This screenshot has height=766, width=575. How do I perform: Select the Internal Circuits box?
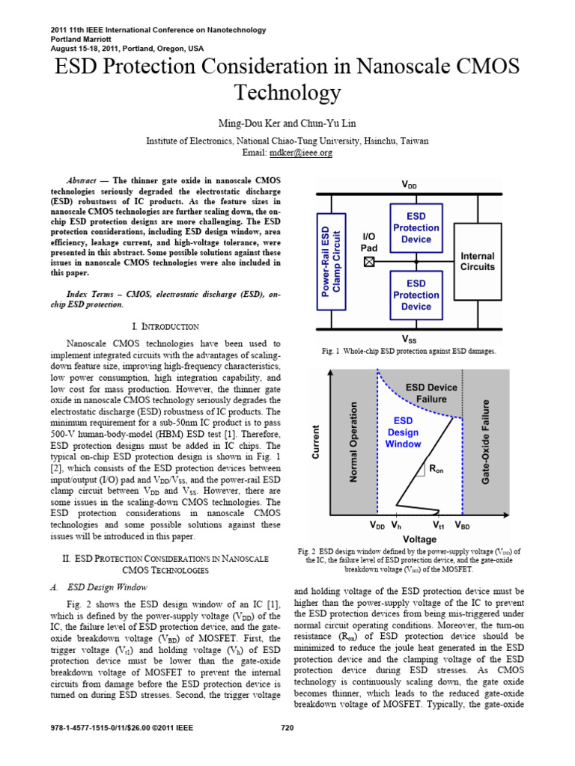coord(477,261)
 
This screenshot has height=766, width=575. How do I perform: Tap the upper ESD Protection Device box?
coord(416,227)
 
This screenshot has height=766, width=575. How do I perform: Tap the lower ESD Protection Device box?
coord(416,295)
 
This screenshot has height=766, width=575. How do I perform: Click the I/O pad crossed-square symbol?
coord(368,262)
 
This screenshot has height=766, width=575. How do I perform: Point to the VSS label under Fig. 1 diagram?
coord(410,338)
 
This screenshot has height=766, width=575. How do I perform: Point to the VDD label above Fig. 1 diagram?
coord(410,184)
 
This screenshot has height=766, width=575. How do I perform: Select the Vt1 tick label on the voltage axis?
coord(439,527)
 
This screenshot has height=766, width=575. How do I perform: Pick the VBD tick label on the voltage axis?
coord(463,527)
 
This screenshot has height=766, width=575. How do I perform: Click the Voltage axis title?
coord(419,539)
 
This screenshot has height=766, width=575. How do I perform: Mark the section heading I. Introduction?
coord(165,327)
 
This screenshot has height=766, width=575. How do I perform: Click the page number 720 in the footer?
coord(287,729)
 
